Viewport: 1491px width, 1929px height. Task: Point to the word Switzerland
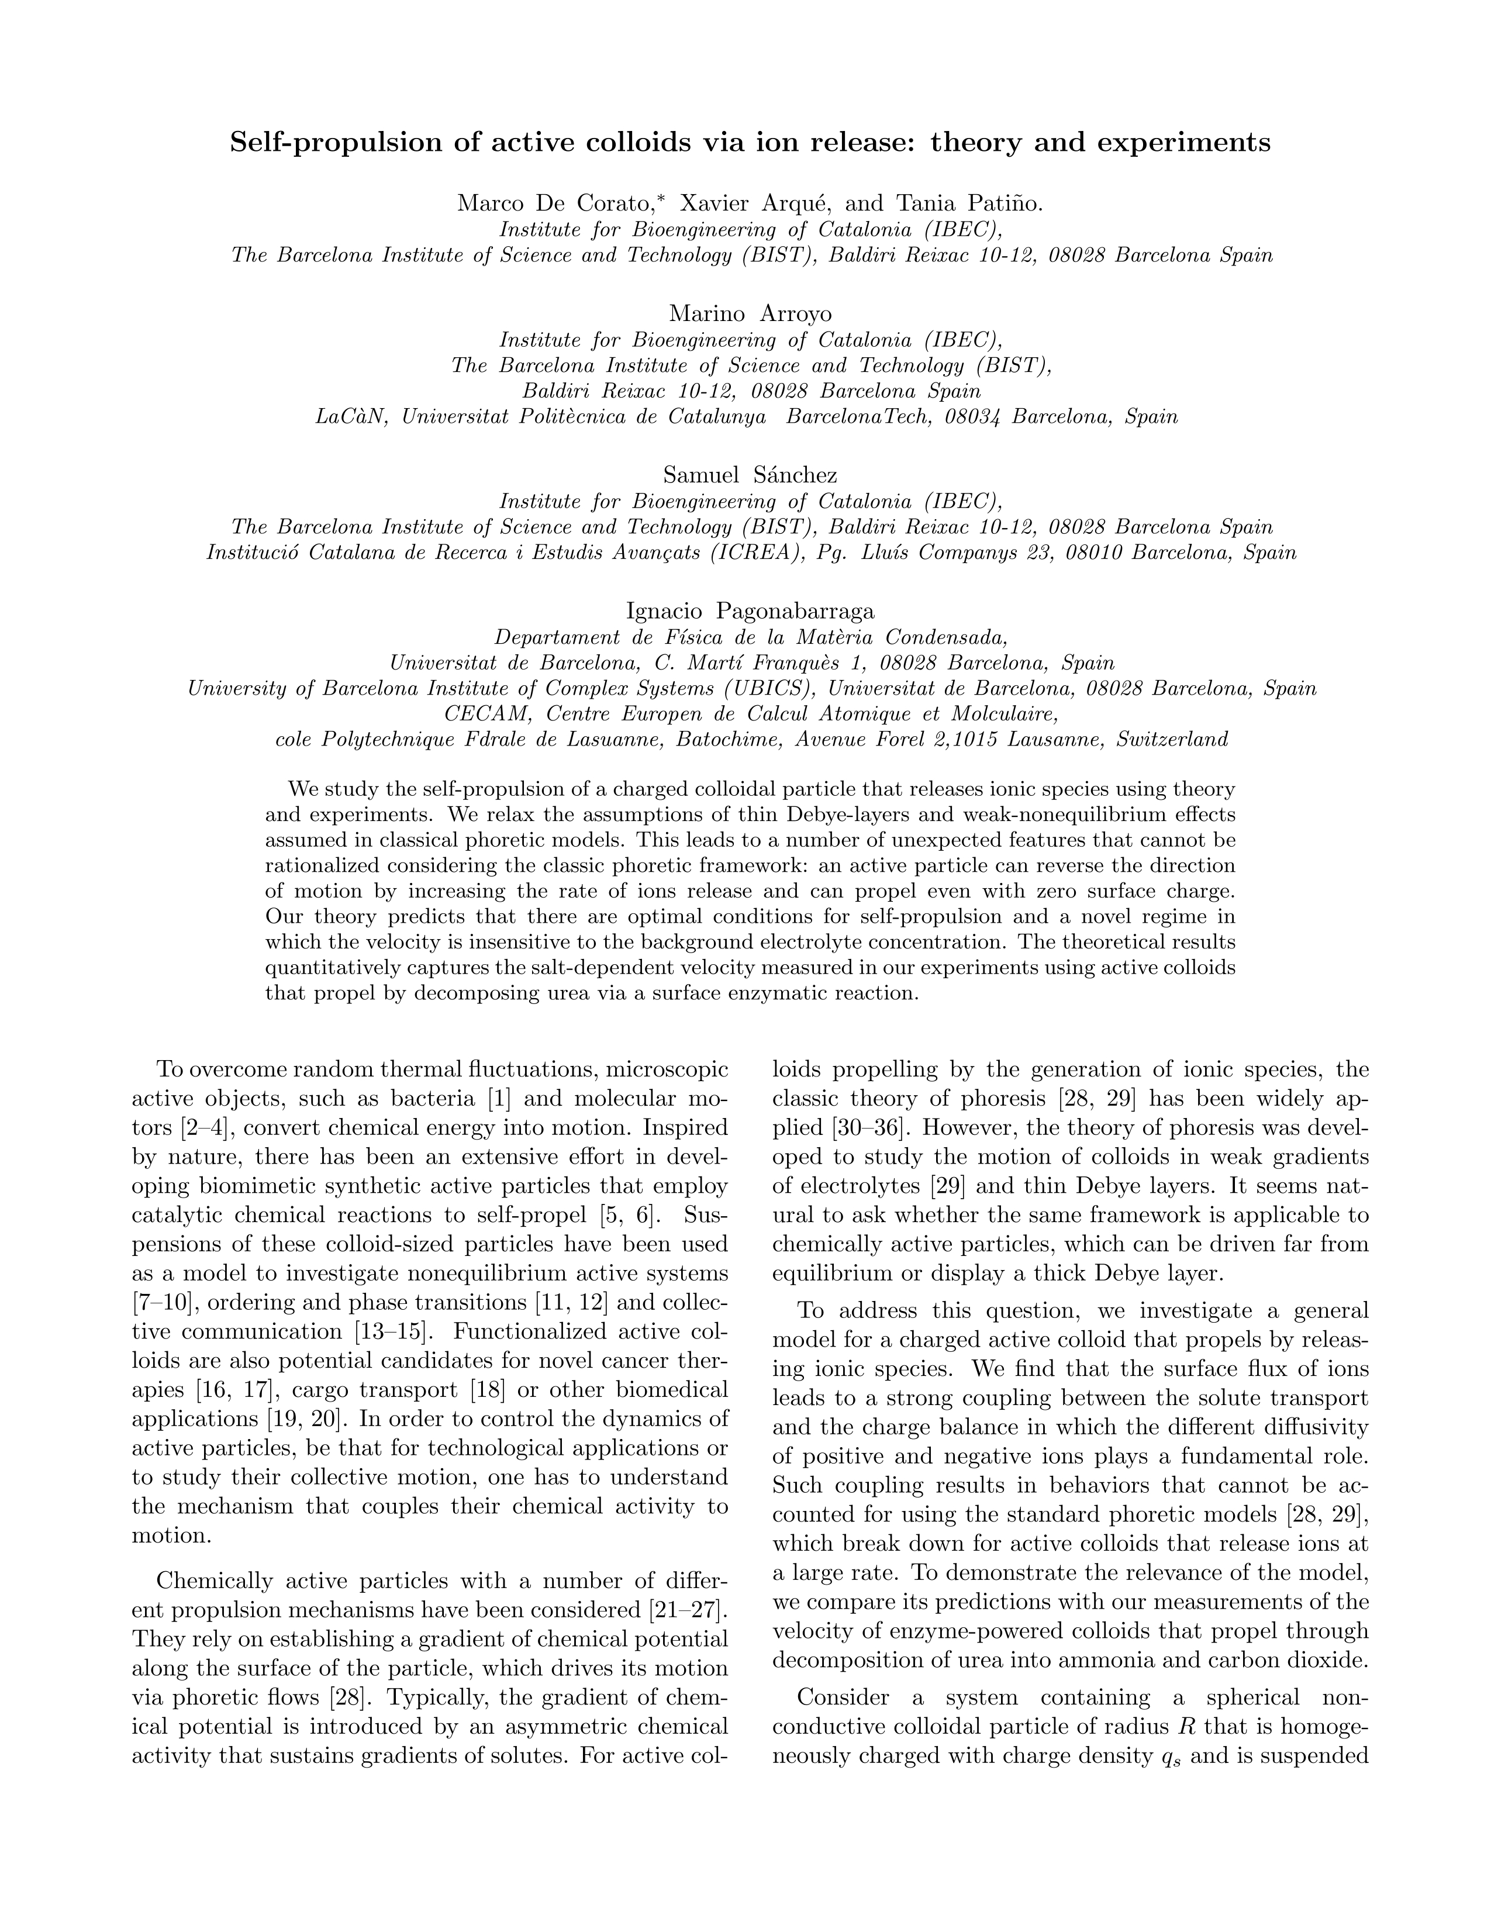coord(1172,740)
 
